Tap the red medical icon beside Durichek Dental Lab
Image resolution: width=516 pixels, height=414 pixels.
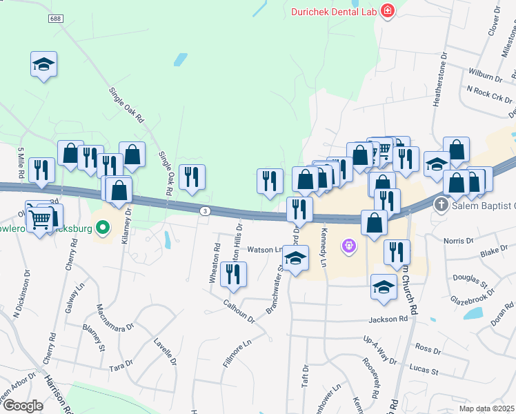387,11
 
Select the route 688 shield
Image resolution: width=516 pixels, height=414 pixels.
55,19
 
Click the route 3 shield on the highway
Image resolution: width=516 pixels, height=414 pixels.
205,210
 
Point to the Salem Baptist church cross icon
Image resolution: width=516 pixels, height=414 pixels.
442,205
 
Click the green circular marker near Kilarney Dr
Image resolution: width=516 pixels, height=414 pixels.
103,226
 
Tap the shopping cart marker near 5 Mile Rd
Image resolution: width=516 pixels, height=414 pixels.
41,220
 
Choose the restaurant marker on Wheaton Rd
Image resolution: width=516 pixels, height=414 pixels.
232,274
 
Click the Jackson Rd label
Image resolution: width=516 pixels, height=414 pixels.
388,319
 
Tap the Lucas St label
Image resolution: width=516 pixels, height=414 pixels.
425,371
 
